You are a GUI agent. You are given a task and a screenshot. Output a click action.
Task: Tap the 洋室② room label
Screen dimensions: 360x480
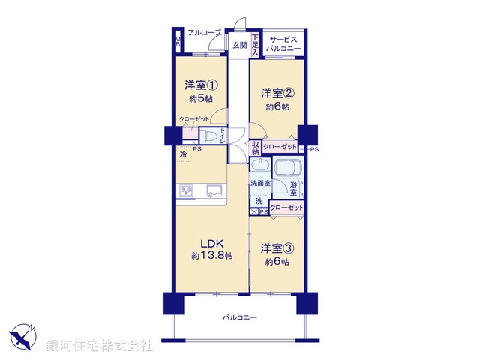[x=276, y=94]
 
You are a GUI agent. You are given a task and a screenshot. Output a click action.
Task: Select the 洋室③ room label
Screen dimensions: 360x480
[x=276, y=247]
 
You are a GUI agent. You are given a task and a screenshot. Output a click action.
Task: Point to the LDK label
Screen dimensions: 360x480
[x=211, y=242]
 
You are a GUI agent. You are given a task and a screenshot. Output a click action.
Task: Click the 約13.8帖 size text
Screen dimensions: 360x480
[x=211, y=256]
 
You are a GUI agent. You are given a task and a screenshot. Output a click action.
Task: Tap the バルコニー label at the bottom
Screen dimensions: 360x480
[x=239, y=318]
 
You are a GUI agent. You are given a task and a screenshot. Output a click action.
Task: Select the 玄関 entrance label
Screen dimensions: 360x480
[x=239, y=46]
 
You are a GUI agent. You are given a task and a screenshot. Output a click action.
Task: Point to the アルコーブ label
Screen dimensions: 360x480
[x=203, y=33]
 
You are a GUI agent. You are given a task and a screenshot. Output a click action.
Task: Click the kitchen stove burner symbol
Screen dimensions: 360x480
[x=185, y=191]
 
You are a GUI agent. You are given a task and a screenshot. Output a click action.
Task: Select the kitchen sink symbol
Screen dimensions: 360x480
[x=213, y=190]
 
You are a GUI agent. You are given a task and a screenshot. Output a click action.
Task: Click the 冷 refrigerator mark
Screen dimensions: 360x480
[x=183, y=154]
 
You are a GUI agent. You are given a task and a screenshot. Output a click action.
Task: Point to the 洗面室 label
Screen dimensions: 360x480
[x=259, y=184]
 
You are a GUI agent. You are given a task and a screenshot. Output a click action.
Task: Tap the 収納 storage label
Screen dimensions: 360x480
[x=256, y=148]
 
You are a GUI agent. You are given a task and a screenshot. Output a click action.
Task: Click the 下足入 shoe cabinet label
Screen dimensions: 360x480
[x=255, y=46]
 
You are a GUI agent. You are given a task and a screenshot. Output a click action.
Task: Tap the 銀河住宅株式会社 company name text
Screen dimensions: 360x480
[x=99, y=346]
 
